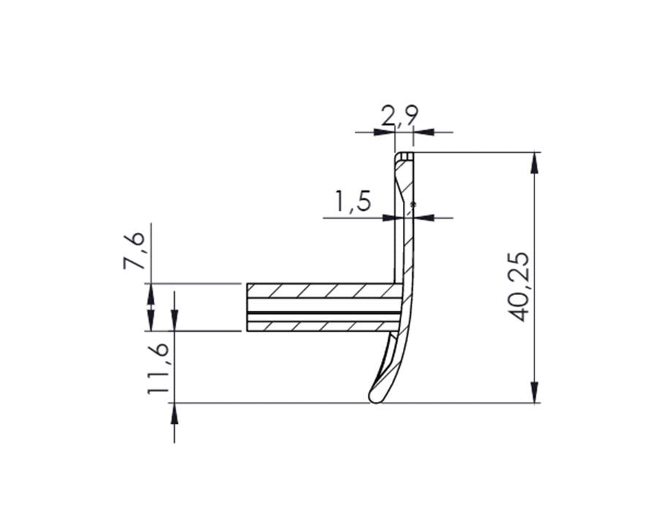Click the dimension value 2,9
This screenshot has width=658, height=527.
click(x=399, y=116)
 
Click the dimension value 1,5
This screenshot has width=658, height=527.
click(x=352, y=201)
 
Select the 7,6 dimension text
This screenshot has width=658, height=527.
click(x=135, y=250)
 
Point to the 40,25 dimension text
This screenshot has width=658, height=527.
click(x=518, y=287)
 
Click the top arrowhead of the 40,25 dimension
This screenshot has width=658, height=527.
click(x=534, y=162)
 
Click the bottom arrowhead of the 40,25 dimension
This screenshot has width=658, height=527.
click(x=534, y=392)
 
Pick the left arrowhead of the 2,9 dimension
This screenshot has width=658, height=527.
click(x=385, y=132)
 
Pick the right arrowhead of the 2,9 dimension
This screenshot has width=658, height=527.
click(x=424, y=132)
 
